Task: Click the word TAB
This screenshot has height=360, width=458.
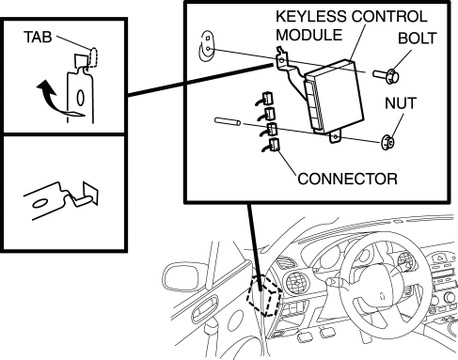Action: pos(38,37)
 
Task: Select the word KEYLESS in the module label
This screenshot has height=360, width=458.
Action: pos(311,16)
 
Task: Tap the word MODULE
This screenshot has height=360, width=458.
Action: pos(309,35)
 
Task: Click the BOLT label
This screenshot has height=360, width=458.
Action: pos(418,39)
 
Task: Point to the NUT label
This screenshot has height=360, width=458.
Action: pos(401,103)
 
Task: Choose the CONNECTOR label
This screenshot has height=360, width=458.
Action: pos(347,179)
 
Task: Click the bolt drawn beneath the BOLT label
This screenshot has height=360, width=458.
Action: pos(387,76)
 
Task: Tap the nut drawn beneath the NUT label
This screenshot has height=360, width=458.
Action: pos(387,142)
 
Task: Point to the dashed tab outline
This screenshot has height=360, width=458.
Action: pos(93,56)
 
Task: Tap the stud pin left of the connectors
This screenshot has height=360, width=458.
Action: pos(228,121)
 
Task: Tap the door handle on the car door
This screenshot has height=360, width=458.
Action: pos(206,308)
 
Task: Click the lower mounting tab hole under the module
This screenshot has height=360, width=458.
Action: pos(336,137)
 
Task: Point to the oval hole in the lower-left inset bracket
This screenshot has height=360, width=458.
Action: pos(40,204)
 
